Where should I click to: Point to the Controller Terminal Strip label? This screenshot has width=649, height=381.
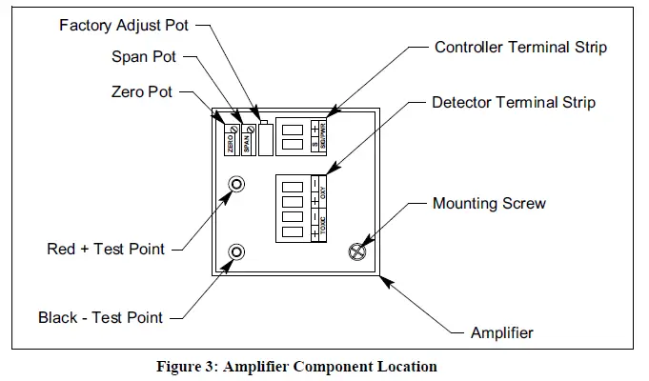coord(520,47)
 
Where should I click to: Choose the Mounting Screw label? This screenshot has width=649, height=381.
coord(489,203)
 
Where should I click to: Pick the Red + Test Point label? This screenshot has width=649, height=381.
coord(106,250)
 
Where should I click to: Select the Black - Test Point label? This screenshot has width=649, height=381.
coord(100,317)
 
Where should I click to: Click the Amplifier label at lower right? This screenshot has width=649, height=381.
coord(502,332)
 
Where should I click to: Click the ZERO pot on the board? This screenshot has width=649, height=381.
coord(231,141)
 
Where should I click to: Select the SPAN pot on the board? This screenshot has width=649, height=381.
coord(248,141)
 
